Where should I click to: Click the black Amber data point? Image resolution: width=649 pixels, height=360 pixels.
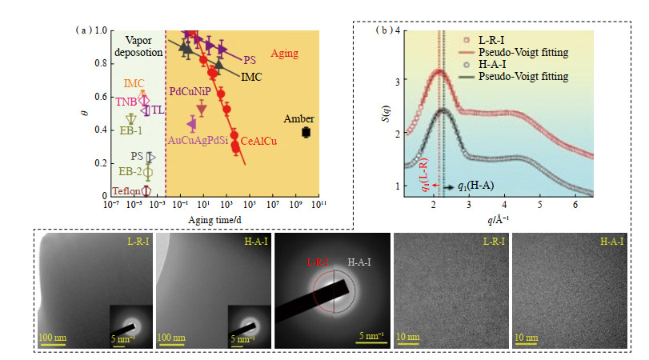(x=306, y=132)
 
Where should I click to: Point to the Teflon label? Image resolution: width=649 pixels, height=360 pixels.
(x=126, y=191)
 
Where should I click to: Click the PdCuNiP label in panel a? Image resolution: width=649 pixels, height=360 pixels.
(x=191, y=92)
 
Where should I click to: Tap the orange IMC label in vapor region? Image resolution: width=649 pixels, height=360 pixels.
(x=134, y=83)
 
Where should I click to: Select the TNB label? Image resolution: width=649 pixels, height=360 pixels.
(x=126, y=102)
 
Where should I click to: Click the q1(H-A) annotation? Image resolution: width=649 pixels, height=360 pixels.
(x=479, y=186)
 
